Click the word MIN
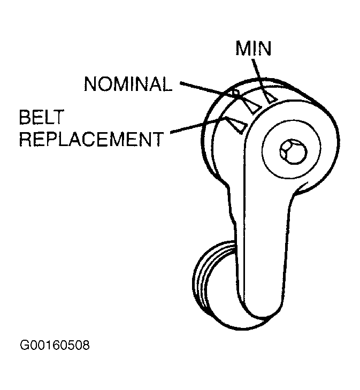pos(254,49)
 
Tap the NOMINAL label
pos(128,84)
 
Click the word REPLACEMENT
pos(90,140)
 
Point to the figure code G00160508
pos(55,345)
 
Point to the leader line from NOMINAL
pos(209,89)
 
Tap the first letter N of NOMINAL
pos(90,84)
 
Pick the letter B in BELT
pos(25,117)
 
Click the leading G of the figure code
pos(25,345)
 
